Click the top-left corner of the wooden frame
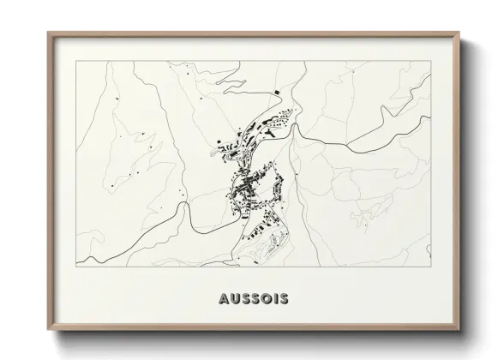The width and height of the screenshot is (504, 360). tap(48, 33)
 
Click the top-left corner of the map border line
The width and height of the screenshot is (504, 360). tap(76, 62)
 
